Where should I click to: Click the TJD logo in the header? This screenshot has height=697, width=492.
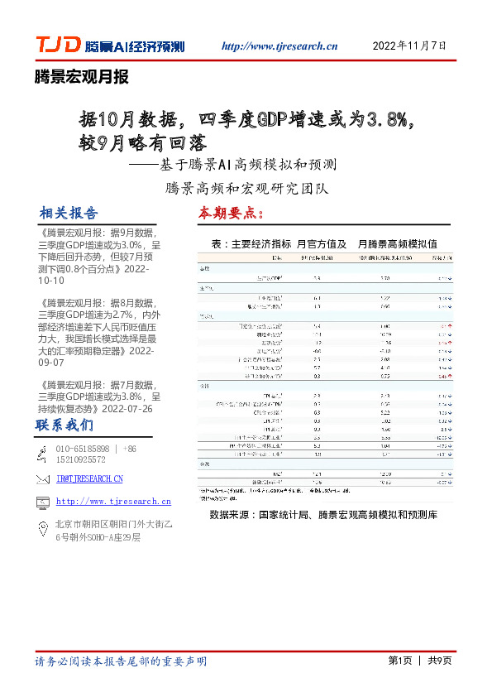[57, 46]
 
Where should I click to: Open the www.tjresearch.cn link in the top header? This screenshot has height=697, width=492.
[280, 46]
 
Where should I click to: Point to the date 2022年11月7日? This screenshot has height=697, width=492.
[410, 46]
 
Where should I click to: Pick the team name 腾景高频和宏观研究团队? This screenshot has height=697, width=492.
[246, 188]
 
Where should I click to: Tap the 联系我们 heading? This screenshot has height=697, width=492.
[64, 425]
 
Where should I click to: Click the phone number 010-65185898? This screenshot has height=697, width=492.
[83, 449]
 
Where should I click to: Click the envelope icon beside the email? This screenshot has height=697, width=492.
[43, 478]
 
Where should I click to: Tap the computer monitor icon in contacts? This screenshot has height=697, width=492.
[43, 502]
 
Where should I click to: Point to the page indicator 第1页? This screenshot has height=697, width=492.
[400, 660]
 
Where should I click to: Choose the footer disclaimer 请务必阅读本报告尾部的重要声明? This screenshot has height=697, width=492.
[121, 661]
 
